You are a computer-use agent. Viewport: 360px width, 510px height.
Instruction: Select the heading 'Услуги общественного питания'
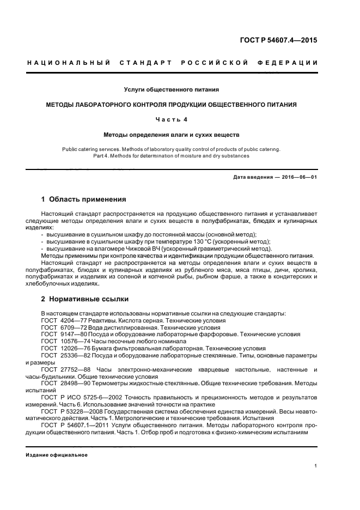pyautogui.click(x=172, y=89)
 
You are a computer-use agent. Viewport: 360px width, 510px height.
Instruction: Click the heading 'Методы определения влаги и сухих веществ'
pyautogui.click(x=172, y=133)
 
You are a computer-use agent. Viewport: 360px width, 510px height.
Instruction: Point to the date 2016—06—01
pyautogui.click(x=295, y=177)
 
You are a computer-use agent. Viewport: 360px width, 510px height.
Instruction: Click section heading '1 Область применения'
pyautogui.click(x=84, y=199)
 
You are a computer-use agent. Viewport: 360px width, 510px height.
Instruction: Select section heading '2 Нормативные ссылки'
pyautogui.click(x=85, y=299)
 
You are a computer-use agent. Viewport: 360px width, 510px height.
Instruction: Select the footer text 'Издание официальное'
pyautogui.click(x=57, y=455)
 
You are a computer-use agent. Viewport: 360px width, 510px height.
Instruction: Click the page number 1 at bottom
pyautogui.click(x=316, y=466)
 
